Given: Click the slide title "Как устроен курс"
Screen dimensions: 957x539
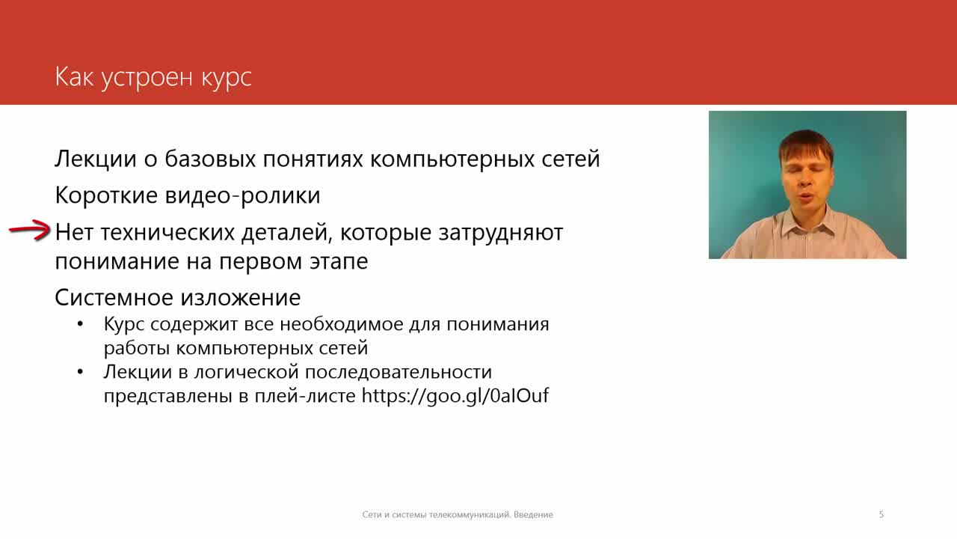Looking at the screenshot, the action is (153, 78).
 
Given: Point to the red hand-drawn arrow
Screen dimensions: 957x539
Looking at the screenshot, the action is (29, 231).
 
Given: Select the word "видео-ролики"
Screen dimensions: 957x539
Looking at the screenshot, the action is (242, 195).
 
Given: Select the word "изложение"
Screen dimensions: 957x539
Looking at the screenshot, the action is (240, 298).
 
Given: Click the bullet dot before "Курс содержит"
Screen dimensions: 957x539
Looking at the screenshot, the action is (80, 324).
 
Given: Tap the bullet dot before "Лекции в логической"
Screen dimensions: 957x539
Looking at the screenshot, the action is (80, 372).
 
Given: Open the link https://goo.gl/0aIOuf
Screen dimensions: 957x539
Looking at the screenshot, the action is (455, 395).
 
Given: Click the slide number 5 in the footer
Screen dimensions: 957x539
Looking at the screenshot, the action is (881, 514).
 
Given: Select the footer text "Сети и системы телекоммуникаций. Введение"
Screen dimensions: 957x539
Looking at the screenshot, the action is (458, 514).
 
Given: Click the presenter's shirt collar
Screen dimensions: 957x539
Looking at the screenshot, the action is (807, 227).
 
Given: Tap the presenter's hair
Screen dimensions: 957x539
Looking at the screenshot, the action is (805, 145).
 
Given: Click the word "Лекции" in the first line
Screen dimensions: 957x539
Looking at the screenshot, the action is (95, 159).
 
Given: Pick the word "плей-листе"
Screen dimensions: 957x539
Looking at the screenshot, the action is (305, 396).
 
